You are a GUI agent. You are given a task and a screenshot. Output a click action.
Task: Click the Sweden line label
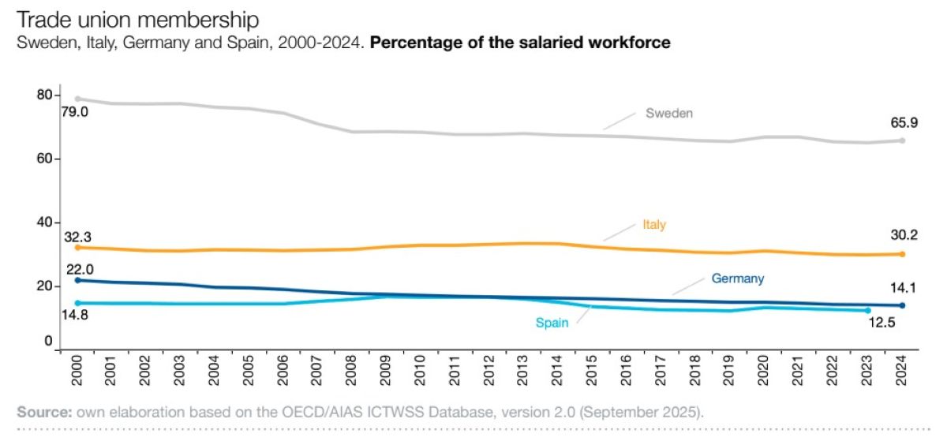(668, 113)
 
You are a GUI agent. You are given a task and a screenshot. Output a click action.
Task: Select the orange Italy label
(653, 225)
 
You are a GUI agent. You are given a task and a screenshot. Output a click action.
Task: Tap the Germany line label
(737, 278)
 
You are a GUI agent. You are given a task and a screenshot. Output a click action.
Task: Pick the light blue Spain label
(552, 323)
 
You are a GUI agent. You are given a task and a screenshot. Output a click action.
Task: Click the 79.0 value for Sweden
(75, 113)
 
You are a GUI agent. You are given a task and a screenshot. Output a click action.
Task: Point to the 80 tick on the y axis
(43, 95)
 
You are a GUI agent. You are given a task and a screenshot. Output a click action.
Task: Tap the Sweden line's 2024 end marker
(902, 140)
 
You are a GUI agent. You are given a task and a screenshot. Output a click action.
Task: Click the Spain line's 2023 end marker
(867, 310)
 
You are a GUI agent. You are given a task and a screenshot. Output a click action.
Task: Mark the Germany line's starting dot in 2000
(77, 280)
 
